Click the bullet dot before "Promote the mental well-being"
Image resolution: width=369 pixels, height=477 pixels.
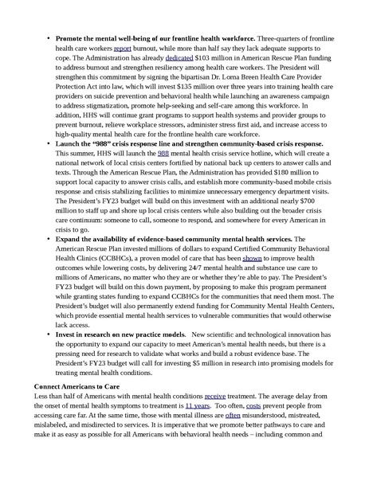pyautogui.click(x=49, y=38)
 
